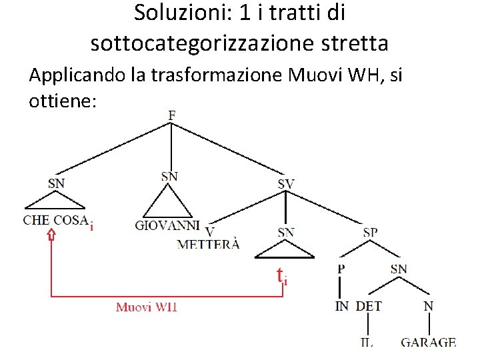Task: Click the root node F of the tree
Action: click(x=172, y=115)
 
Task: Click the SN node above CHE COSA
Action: click(x=57, y=181)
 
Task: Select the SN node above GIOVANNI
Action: click(x=170, y=176)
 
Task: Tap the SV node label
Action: click(x=286, y=183)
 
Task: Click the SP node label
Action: click(x=371, y=232)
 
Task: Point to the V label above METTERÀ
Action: click(x=210, y=231)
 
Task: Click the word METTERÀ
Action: click(x=208, y=244)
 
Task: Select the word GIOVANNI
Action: click(x=167, y=225)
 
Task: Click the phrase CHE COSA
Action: click(x=56, y=221)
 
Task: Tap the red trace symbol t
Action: click(x=281, y=275)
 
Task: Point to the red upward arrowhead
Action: click(x=51, y=235)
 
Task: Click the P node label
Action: click(x=341, y=269)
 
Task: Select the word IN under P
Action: click(x=342, y=307)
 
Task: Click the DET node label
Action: click(x=369, y=307)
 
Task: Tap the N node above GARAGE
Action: click(x=429, y=307)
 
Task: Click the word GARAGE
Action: click(x=428, y=343)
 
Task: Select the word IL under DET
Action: click(x=367, y=343)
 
